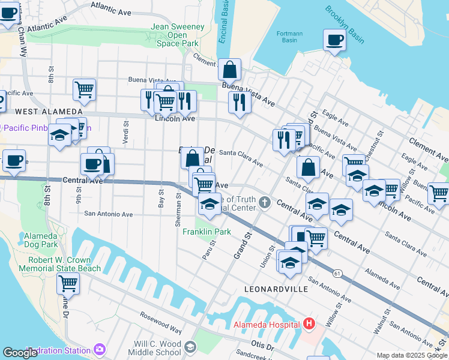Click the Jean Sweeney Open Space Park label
[174, 35]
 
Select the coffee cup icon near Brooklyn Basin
[334, 41]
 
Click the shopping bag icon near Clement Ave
[229, 71]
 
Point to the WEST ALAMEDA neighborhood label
[41, 112]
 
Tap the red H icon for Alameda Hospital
[309, 325]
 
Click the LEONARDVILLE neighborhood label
[276, 289]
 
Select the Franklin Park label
[206, 232]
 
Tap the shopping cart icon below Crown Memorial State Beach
[68, 283]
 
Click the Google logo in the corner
[20, 353]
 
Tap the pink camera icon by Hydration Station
[99, 349]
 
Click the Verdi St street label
[126, 133]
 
